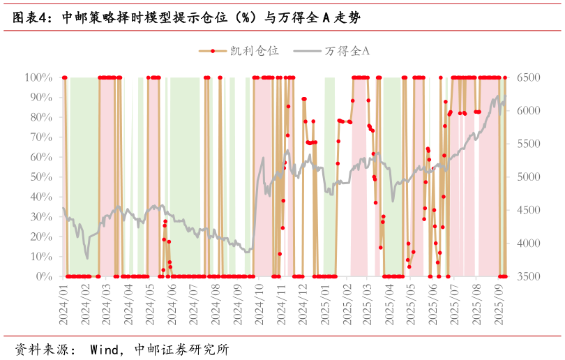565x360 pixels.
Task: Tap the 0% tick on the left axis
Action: click(x=43, y=277)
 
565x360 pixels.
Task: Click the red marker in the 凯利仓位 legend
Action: click(x=213, y=51)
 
